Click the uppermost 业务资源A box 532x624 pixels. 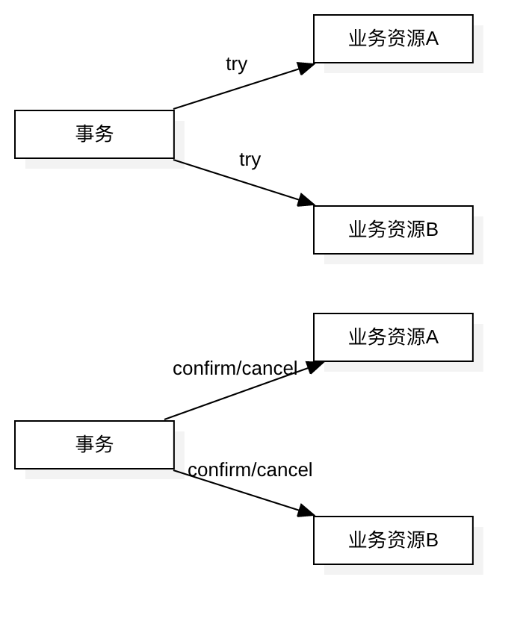coord(393,39)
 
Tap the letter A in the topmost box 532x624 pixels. coord(432,39)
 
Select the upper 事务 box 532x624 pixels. coord(94,134)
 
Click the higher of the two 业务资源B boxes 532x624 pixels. coord(393,230)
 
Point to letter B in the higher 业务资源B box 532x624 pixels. coord(432,230)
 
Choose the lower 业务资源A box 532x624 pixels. coord(393,337)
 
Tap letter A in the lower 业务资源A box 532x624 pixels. coord(432,337)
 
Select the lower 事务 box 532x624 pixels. coord(94,445)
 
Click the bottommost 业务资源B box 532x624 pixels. coord(393,540)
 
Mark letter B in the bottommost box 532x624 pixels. coord(432,540)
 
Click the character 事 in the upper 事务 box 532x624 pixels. coord(85,134)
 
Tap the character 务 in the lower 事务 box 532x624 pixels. coord(105,445)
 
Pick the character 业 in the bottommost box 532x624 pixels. coord(357,540)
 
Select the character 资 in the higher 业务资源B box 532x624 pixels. coord(396,230)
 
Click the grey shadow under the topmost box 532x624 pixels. coord(403,68)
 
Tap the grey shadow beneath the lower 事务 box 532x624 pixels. coord(105,474)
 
